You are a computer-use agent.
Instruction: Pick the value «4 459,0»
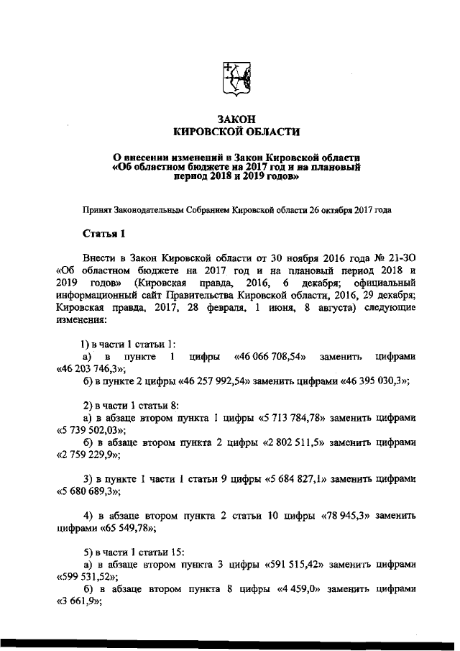pyautogui.click(x=297, y=588)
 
